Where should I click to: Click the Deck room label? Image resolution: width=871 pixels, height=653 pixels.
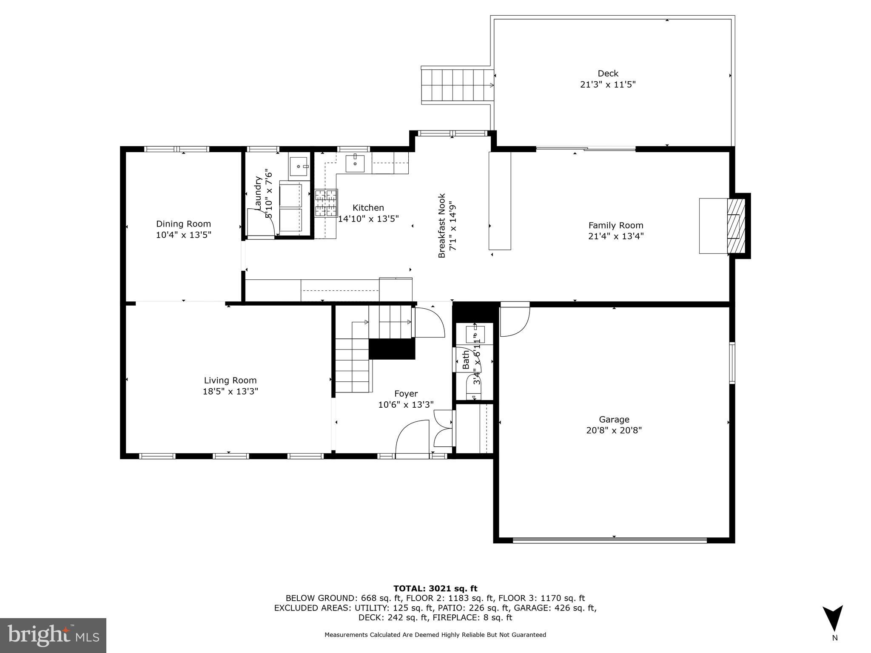(x=608, y=74)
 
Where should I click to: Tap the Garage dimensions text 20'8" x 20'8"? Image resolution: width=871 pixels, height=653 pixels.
(x=614, y=430)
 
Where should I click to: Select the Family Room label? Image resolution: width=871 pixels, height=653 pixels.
(x=615, y=225)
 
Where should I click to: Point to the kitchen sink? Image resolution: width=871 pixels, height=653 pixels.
(x=355, y=163)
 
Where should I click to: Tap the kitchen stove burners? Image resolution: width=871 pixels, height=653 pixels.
(x=326, y=203)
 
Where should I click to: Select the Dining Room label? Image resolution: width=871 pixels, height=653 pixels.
(x=183, y=224)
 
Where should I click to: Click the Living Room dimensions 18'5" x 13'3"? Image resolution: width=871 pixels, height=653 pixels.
(x=230, y=391)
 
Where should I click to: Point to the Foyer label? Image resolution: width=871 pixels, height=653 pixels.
(x=406, y=394)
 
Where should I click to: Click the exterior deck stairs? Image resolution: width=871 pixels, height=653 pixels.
(x=458, y=85)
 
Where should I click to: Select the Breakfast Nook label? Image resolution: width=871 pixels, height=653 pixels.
(x=442, y=226)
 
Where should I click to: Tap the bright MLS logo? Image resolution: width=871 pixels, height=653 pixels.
(x=53, y=635)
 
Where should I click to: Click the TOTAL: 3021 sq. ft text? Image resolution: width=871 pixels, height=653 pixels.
(x=435, y=588)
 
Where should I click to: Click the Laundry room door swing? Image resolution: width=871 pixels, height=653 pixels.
(x=260, y=222)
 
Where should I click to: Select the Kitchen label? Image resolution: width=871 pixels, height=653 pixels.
(x=368, y=207)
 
